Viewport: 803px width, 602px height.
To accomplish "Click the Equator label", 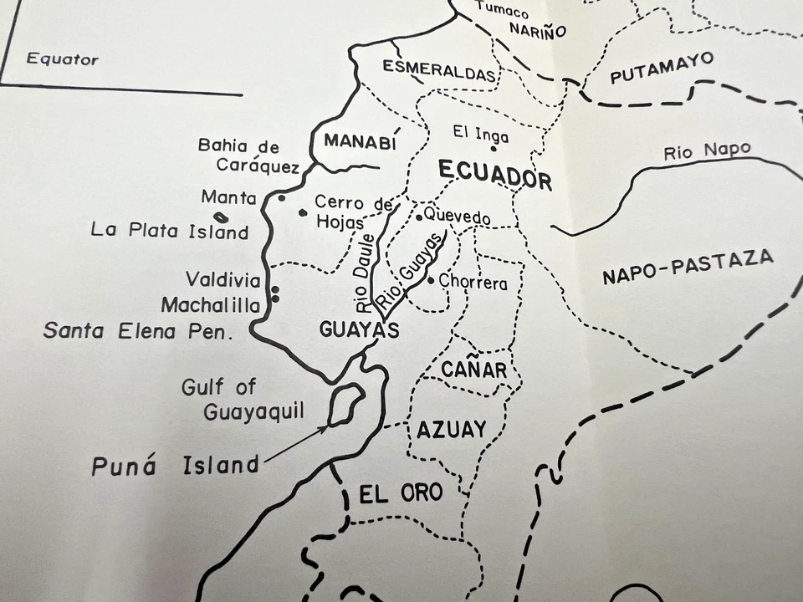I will pos(63,59).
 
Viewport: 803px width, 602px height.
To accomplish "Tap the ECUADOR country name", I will pos(494,174).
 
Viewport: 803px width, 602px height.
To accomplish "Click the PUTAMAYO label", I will pos(662,68).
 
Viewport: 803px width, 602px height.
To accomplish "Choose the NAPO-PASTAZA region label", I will pos(688,267).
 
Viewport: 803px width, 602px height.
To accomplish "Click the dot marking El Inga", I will pos(494,149).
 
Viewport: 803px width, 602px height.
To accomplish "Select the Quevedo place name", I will pos(457,216).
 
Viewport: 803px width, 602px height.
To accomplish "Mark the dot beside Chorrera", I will pos(431,280).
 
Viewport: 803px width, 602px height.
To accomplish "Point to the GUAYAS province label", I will pos(359,330).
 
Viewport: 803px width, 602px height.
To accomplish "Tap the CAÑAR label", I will pos(473,369).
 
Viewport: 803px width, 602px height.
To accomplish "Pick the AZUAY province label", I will pos(451,430).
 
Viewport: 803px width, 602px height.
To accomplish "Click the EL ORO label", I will pos(401,493).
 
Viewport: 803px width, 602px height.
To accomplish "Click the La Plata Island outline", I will pos(222,217).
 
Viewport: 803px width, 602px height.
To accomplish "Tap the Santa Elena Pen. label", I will pos(136,331).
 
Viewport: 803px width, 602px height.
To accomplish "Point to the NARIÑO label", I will pos(537,32).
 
